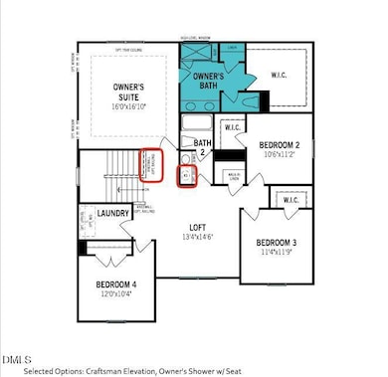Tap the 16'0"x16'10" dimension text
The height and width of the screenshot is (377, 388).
130,108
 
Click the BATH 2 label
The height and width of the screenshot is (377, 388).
203,147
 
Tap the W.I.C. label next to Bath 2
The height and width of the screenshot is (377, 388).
234,127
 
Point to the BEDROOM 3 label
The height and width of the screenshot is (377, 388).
278,242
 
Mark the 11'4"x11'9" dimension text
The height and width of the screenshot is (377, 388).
278,253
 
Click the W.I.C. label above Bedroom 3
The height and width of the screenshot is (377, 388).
291,201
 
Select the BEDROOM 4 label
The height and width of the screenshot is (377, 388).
117,283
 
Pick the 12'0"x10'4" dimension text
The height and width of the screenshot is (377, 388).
117,294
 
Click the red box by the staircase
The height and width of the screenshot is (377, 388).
151,165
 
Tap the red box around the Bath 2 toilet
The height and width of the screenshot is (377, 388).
187,176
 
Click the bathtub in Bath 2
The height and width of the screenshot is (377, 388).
196,125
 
